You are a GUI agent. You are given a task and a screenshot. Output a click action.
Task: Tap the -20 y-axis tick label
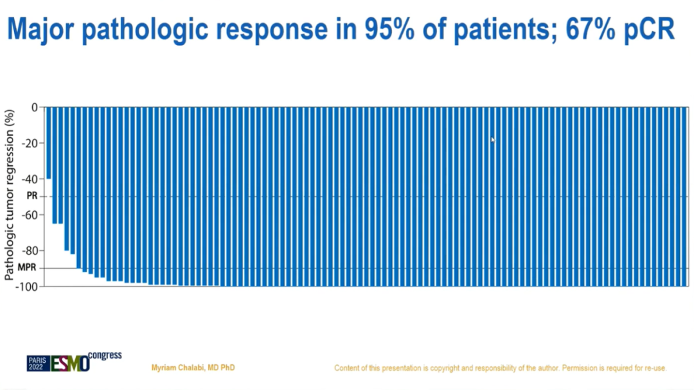[29, 143]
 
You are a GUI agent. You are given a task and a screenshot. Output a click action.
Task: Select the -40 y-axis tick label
[29, 179]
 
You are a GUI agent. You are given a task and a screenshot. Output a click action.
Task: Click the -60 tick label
[29, 215]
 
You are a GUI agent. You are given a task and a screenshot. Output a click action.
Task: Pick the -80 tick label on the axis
[29, 251]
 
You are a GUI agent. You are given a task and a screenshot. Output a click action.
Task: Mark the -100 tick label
[27, 286]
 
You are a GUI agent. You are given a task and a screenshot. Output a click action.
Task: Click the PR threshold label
[31, 197]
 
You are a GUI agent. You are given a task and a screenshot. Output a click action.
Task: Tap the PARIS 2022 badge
[38, 364]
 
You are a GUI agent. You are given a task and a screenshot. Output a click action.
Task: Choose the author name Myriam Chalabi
[193, 368]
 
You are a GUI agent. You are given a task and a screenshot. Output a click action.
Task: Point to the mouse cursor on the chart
[493, 140]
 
